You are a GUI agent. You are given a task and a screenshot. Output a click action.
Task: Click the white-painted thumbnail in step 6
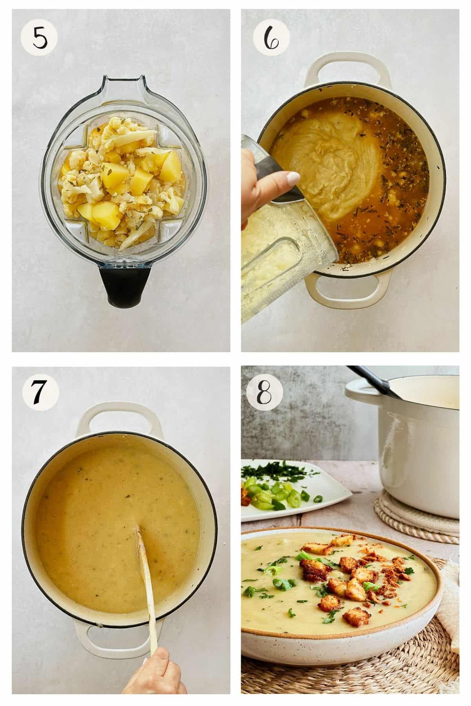point(293,180)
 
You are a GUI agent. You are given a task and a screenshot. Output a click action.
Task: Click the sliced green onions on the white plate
point(275,498)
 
